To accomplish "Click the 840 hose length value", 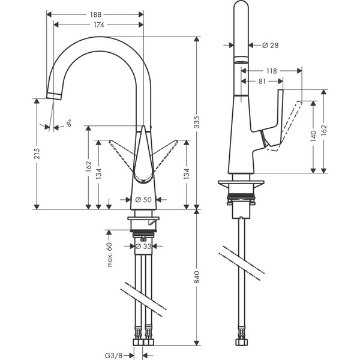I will coord(205,278).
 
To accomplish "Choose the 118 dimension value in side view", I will coord(272,71).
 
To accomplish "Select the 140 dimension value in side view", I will coord(314,136).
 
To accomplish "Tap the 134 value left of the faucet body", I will coord(100,174).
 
